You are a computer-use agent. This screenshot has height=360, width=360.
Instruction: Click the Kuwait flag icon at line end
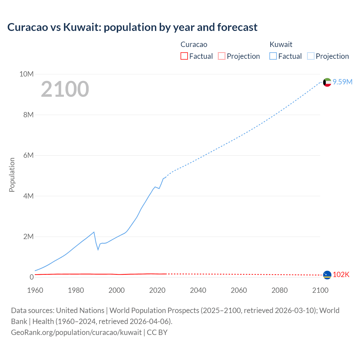click(327, 82)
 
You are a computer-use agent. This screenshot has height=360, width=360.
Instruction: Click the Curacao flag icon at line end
click(327, 275)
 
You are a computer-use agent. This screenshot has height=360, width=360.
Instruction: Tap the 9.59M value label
click(343, 82)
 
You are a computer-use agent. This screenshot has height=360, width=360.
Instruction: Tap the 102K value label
click(341, 275)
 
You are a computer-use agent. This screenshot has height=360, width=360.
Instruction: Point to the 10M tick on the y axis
click(26, 74)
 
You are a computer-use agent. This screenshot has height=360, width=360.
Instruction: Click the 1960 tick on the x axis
click(35, 290)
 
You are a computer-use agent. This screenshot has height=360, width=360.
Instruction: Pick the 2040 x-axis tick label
click(198, 290)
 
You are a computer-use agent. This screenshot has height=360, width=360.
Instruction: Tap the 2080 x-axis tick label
click(280, 290)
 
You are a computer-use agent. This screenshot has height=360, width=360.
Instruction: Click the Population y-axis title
click(12, 175)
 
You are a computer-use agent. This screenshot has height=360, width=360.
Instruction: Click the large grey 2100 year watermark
click(65, 89)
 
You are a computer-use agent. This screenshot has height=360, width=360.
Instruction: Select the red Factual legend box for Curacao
click(184, 56)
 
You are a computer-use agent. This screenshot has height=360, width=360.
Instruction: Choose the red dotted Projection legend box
click(222, 56)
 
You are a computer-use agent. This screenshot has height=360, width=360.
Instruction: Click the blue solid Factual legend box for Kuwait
click(273, 56)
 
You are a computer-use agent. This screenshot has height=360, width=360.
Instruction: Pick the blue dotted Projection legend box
click(311, 56)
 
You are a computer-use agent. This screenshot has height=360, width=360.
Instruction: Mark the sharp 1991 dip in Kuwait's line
click(98, 249)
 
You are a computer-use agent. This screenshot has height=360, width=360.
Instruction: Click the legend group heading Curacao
click(194, 44)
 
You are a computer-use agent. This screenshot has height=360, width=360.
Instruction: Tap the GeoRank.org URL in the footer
click(76, 332)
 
